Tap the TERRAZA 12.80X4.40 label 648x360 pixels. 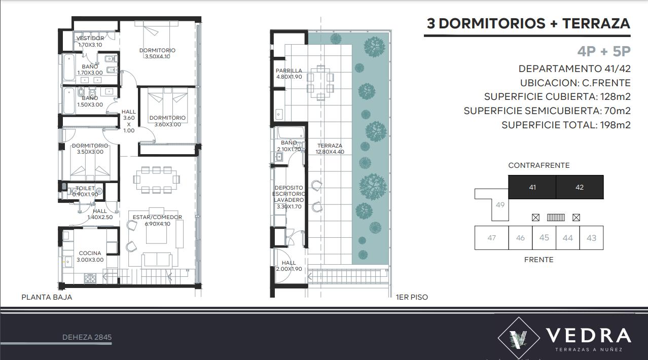pos(330,149)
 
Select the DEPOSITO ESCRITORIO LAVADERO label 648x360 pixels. pos(289,197)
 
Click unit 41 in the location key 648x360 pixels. pos(532,187)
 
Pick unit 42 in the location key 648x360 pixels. pos(580,187)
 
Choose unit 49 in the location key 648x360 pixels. pos(500,205)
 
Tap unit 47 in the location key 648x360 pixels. pos(492,238)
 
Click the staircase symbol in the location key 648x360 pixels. pos(556,218)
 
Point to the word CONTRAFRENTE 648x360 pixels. pos(539,165)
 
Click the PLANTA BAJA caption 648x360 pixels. pos(47,297)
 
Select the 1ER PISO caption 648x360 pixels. pos(412,297)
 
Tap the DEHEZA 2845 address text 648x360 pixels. pos(87,337)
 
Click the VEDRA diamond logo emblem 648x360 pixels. pos(519,338)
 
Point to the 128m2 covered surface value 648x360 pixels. pos(616,97)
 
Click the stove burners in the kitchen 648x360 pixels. pos(90,278)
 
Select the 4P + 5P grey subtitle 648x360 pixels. pos(604,51)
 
